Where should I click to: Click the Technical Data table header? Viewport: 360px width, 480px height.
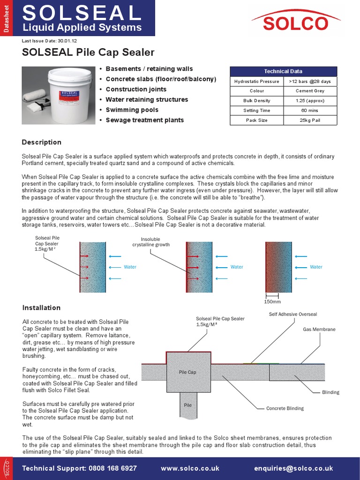[283, 71]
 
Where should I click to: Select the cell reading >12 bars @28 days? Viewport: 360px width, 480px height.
[310, 81]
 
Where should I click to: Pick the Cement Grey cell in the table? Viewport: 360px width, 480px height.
[310, 91]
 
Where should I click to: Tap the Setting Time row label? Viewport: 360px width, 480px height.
[257, 111]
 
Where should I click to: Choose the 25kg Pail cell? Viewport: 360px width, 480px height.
[310, 120]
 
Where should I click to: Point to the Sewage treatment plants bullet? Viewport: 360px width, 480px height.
[144, 120]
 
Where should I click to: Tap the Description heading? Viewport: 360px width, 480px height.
[42, 142]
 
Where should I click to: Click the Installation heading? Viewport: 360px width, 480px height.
[41, 307]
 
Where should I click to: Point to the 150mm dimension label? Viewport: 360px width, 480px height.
[272, 302]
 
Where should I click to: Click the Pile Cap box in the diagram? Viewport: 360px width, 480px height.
[188, 372]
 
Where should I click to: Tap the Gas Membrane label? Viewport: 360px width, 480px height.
[319, 330]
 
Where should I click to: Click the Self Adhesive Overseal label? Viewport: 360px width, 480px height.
[292, 314]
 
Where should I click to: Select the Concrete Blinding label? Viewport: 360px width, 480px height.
[285, 408]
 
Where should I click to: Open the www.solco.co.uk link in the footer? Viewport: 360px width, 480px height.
[190, 468]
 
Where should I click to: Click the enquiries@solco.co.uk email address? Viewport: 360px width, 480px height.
[293, 468]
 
